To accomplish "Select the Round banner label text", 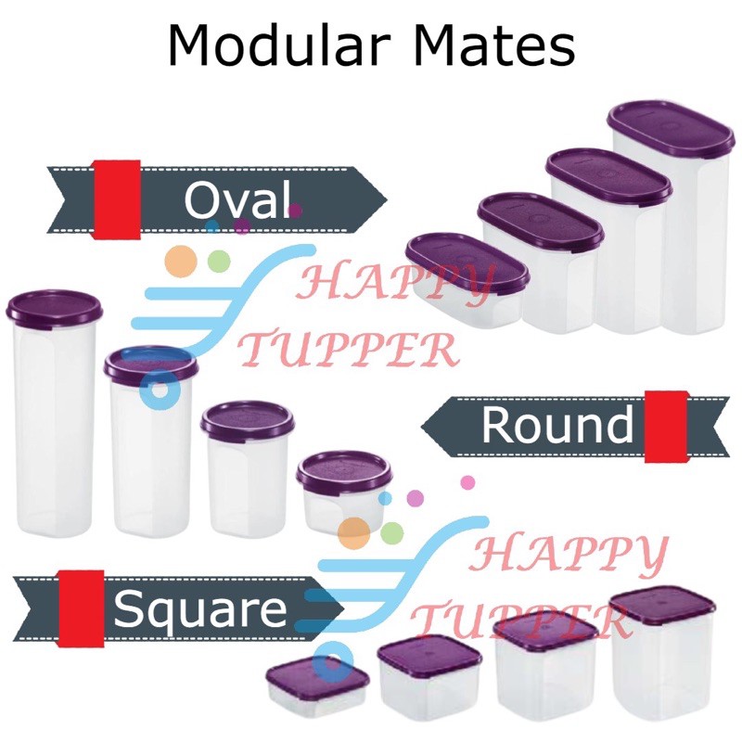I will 556,426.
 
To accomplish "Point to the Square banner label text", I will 199,609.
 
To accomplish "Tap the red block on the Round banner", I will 666,426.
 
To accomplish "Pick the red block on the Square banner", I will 81,608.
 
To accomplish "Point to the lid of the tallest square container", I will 661,607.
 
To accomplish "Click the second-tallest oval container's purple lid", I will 607,173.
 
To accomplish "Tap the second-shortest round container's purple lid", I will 248,419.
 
